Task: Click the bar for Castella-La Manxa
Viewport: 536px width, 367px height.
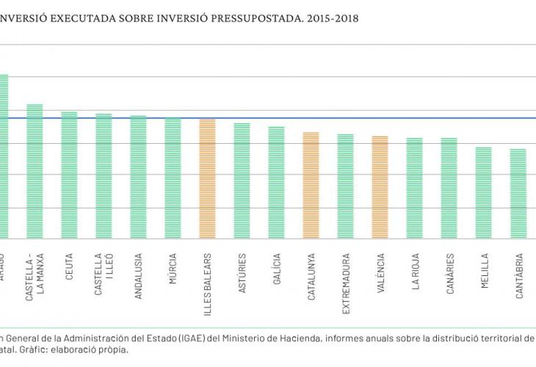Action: pos(35,171)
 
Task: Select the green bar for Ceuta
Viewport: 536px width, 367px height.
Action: pos(69,175)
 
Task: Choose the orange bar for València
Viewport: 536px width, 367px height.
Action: pos(380,187)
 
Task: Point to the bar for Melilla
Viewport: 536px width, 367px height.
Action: pos(483,192)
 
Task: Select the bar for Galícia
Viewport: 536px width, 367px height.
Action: pos(276,182)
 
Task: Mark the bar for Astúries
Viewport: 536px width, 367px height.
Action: pos(242,181)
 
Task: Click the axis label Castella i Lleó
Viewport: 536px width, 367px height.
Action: pos(104,275)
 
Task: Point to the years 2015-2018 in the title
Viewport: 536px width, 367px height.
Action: pos(331,18)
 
